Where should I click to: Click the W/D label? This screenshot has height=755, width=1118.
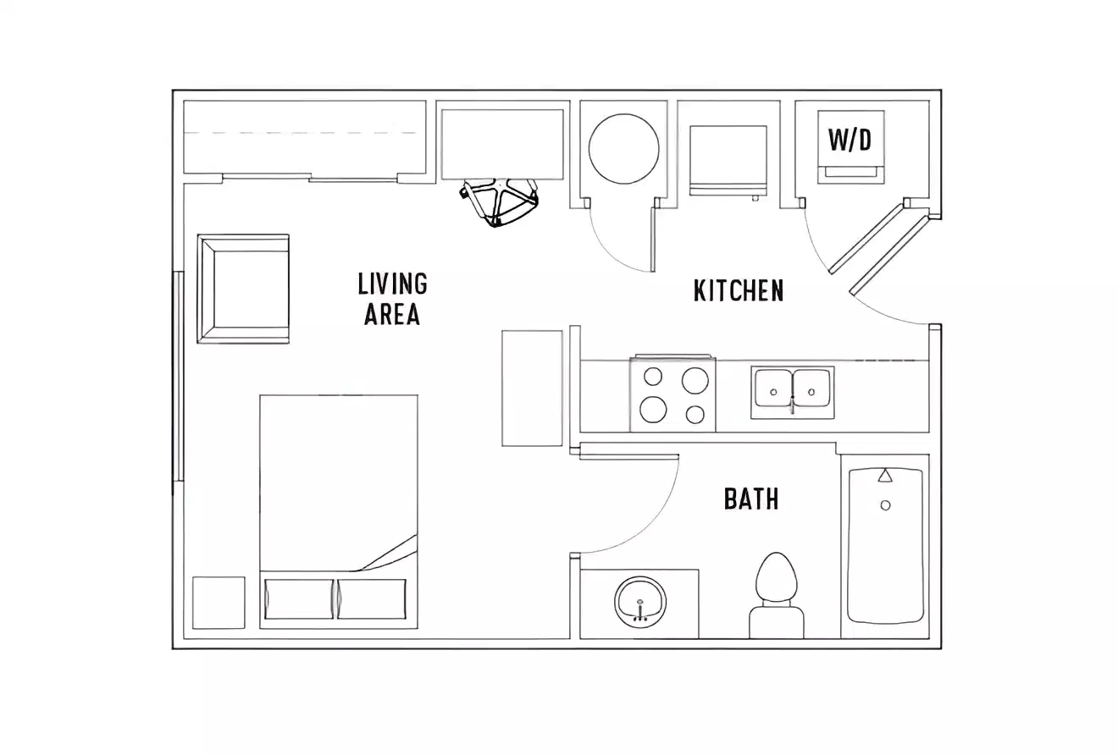[850, 139]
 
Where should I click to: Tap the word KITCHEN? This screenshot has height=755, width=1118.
[739, 290]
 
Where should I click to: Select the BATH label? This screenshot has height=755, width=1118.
[751, 499]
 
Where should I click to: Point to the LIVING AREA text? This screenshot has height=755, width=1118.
[392, 299]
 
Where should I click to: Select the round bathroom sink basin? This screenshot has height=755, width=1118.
[640, 603]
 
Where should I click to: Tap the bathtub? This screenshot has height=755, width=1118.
[885, 545]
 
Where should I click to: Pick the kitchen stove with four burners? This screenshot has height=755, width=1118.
[672, 395]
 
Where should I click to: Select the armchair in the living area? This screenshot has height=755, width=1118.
[244, 289]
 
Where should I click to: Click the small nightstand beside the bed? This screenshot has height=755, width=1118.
[219, 603]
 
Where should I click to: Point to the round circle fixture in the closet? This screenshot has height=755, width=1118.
[623, 149]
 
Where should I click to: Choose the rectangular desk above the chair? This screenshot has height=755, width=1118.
[502, 144]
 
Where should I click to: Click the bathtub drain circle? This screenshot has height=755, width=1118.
[885, 505]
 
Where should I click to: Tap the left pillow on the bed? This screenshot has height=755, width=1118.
[299, 598]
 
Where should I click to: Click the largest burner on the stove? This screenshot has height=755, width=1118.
[695, 380]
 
